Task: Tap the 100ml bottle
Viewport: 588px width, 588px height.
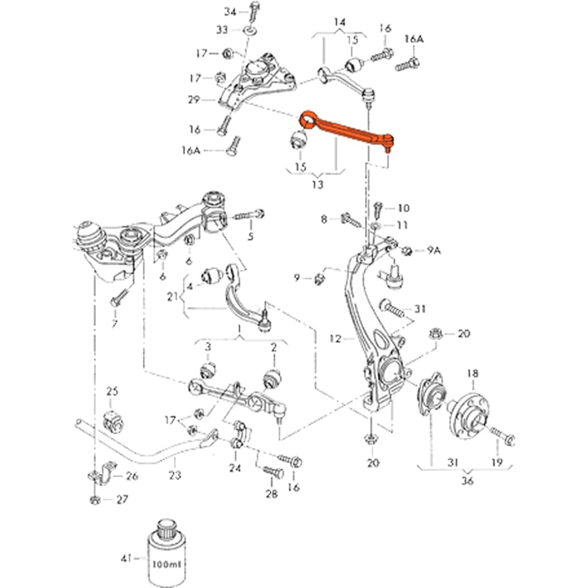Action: point(167,553)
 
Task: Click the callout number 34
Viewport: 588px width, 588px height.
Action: point(230,11)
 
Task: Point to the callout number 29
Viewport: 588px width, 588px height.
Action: point(193,100)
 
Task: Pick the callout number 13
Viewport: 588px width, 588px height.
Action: point(317,185)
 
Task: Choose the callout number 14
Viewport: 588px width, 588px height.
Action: point(340,22)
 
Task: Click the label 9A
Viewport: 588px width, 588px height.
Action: point(434,250)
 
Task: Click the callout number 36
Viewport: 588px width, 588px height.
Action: point(468,480)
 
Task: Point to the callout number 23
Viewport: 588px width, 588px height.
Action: point(175,475)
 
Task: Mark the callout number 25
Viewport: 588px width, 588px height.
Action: point(112,391)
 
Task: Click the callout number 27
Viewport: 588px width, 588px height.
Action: point(121,499)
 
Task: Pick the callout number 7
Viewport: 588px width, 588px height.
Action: point(115,324)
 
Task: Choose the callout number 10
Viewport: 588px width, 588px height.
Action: point(403,207)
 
